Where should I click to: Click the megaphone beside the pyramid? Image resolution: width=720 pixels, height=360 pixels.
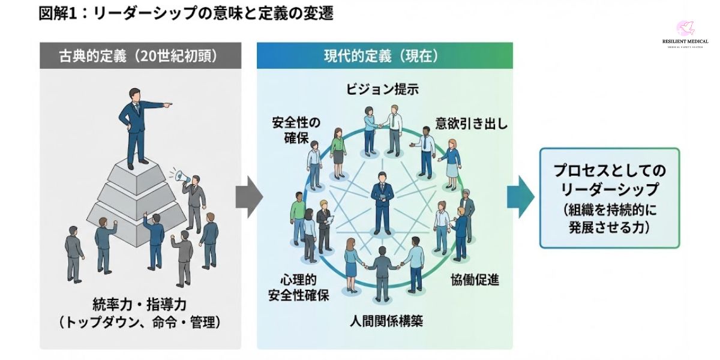pyautogui.click(x=183, y=176)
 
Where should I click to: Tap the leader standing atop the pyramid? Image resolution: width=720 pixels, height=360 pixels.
pyautogui.click(x=136, y=126)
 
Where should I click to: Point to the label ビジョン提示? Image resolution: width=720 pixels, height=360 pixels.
pyautogui.click(x=382, y=89)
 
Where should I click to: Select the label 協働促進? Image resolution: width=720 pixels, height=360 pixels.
pyautogui.click(x=475, y=280)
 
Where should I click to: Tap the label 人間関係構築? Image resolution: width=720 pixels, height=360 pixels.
pyautogui.click(x=386, y=320)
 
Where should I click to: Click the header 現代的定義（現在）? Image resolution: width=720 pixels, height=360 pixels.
pyautogui.click(x=384, y=56)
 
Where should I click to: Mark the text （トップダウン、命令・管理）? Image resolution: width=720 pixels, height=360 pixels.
pyautogui.click(x=140, y=322)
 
